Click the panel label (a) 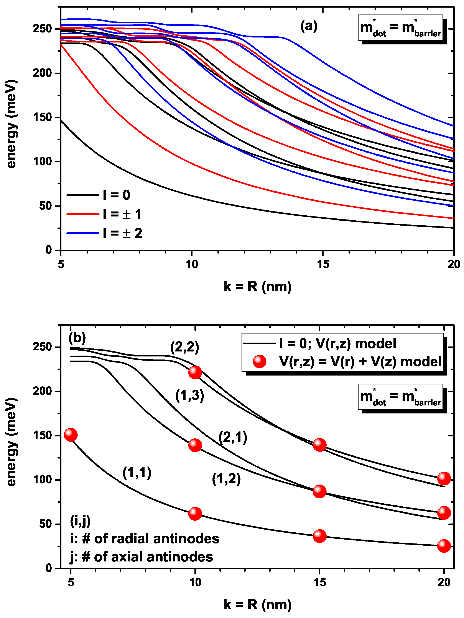[308, 26]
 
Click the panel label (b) [77, 338]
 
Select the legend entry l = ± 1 [122, 214]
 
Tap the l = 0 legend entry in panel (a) [116, 195]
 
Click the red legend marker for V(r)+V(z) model [259, 362]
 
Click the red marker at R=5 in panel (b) [71, 435]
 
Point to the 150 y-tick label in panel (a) [42, 117]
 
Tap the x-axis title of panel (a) [257, 287]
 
